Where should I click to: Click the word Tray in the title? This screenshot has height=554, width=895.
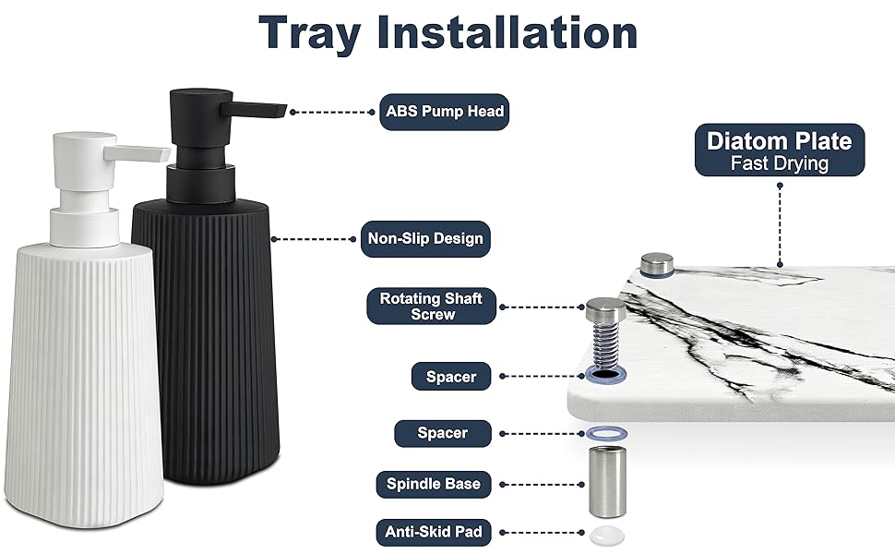point(310,34)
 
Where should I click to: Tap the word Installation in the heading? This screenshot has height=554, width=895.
point(507,32)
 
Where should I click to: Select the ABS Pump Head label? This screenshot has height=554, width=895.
point(444,112)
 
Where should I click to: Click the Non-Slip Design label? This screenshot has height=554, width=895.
point(425,239)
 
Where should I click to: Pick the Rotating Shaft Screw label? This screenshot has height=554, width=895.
point(432,307)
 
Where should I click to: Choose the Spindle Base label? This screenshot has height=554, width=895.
point(434,485)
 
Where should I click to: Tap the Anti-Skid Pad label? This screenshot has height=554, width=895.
point(434,532)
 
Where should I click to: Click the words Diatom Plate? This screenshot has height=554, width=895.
point(779,141)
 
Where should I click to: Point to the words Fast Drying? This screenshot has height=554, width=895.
point(779,163)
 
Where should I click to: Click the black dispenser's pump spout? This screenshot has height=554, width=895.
point(254,109)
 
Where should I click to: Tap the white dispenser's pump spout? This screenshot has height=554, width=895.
point(137,153)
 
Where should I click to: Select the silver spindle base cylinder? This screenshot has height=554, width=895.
point(607,482)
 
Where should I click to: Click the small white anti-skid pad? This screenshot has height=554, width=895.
point(607,536)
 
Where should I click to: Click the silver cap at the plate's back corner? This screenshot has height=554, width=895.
point(656,265)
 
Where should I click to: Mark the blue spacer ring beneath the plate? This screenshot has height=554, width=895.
point(607,434)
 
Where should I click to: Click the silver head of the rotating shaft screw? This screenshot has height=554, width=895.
point(605,309)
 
